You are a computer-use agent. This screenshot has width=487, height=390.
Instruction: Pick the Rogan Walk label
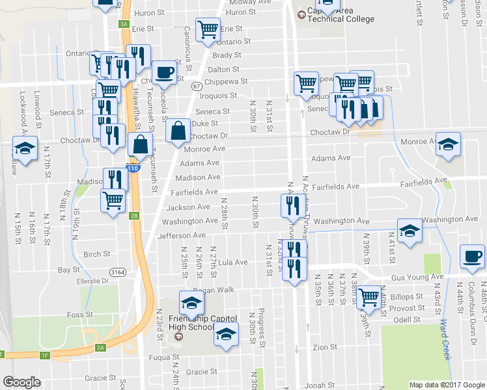214,290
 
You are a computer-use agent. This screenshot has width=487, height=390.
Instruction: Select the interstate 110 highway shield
133,168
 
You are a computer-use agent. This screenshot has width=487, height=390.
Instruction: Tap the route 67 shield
196,86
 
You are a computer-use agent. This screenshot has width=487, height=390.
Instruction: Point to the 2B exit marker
134,216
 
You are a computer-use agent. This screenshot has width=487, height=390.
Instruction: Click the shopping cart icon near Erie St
208,29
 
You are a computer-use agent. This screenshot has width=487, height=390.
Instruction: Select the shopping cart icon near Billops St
369,296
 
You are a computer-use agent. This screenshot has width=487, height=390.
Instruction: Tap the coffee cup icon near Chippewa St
164,71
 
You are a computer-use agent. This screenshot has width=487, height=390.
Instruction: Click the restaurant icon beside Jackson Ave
291,205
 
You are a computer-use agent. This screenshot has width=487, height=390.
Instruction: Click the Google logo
22,382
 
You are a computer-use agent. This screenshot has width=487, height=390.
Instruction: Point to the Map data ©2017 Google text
446,385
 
